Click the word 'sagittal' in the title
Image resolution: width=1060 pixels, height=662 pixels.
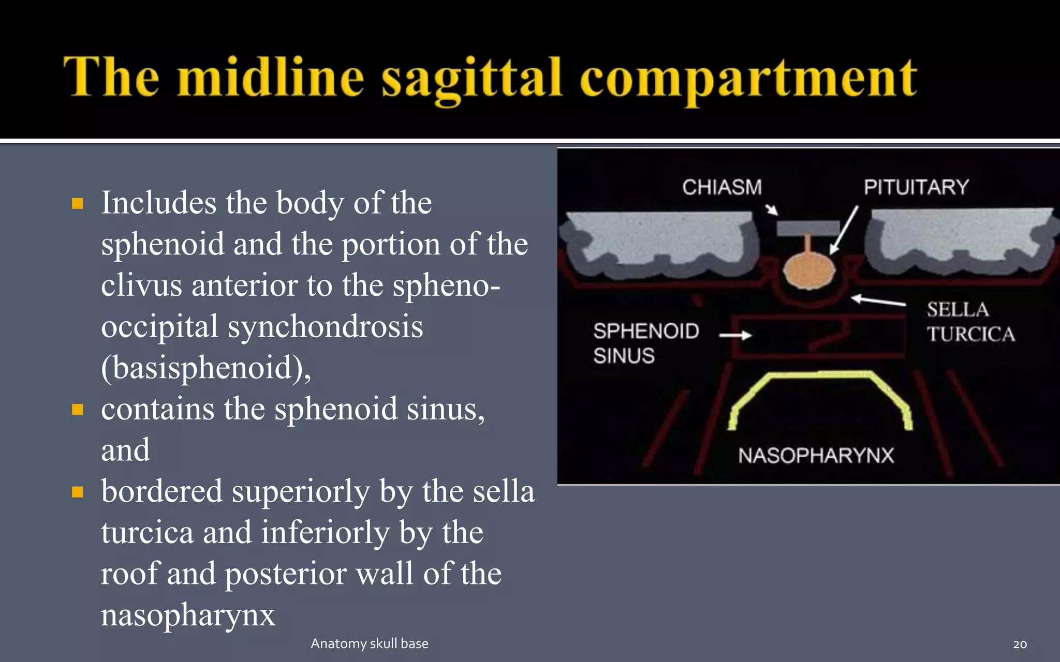(x=471, y=79)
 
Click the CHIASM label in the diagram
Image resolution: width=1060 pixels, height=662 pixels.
(x=722, y=187)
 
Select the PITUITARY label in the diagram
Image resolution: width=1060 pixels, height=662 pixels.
(x=916, y=187)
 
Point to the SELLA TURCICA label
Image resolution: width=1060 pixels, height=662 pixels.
(x=970, y=322)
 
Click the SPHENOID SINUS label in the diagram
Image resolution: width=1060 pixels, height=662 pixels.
(x=645, y=343)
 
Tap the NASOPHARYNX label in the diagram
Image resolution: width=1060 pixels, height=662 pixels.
(x=816, y=456)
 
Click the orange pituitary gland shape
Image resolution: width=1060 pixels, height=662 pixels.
(x=808, y=270)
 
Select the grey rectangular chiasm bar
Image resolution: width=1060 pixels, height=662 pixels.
(x=807, y=228)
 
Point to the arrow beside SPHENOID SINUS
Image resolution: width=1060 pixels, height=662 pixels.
(x=735, y=335)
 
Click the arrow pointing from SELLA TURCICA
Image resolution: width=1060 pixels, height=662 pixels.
(x=878, y=300)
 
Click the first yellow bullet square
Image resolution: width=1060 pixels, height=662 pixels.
(x=78, y=203)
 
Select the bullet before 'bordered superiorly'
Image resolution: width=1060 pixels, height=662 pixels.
(x=78, y=492)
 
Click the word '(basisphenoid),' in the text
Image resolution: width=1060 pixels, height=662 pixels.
(x=206, y=368)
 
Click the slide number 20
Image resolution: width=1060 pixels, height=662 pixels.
(x=1020, y=644)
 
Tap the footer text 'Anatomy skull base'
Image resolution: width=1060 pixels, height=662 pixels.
(x=369, y=643)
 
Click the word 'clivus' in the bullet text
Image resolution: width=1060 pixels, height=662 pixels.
(x=141, y=285)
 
